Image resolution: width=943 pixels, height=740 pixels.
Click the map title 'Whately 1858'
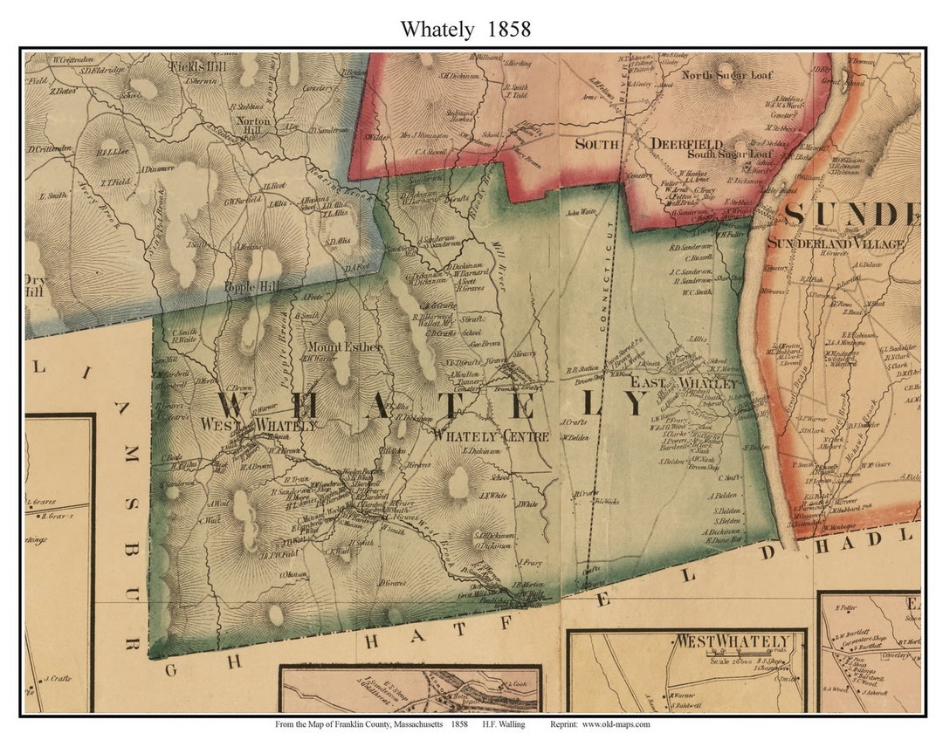coord(465,29)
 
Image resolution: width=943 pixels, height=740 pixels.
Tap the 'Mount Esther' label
coord(344,346)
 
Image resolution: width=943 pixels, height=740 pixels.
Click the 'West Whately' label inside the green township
coord(258,425)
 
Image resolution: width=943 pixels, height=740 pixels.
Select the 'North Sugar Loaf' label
coord(726,75)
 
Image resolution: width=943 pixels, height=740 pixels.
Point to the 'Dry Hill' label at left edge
coord(35,287)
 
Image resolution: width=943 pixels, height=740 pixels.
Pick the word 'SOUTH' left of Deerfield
coord(597,144)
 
